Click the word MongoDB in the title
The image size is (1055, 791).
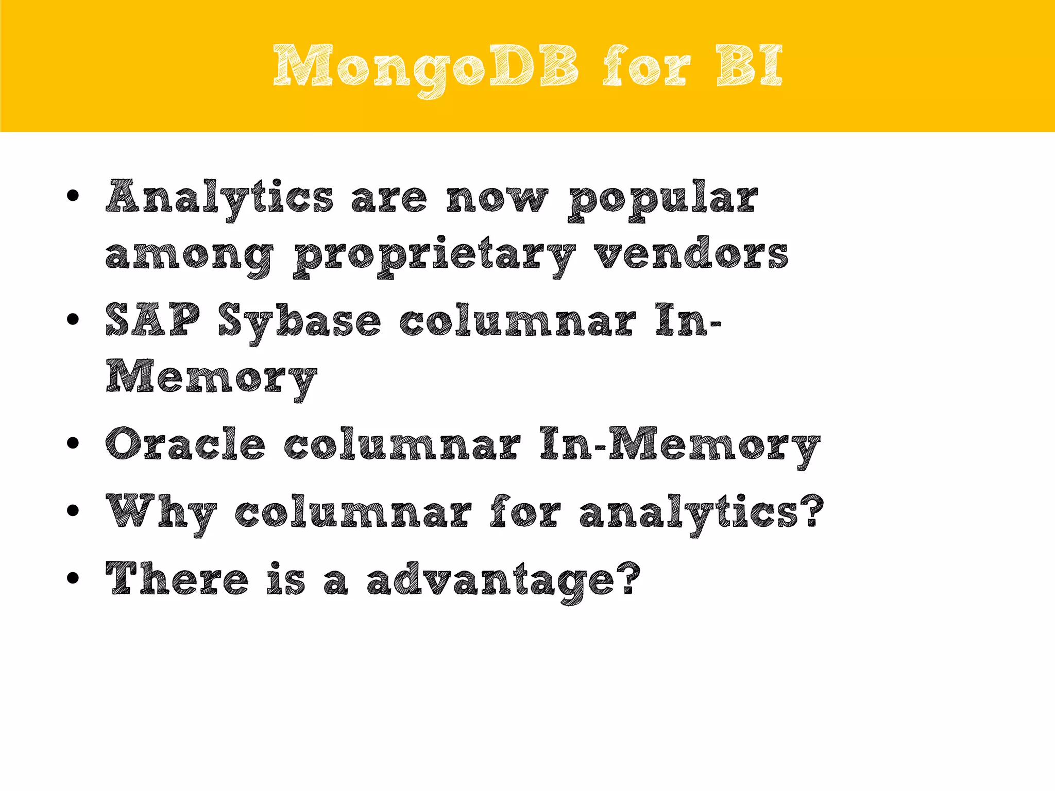(x=426, y=67)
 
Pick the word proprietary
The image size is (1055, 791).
(x=434, y=255)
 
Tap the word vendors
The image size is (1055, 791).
(x=691, y=253)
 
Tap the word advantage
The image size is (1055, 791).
(x=503, y=581)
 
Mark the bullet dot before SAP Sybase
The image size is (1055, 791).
(x=73, y=319)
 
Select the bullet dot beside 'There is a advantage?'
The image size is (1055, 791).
(x=73, y=578)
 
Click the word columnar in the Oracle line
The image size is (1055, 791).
(x=402, y=444)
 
